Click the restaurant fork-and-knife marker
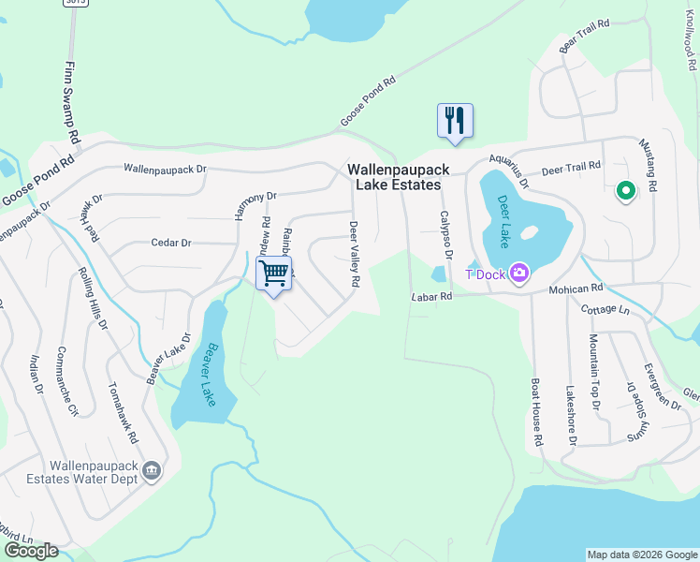[455, 121]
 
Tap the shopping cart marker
[273, 274]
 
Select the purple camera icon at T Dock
[519, 274]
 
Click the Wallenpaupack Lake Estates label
[398, 177]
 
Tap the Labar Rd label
[432, 297]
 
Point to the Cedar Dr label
[171, 243]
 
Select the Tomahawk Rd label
[125, 412]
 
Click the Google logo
[31, 550]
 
